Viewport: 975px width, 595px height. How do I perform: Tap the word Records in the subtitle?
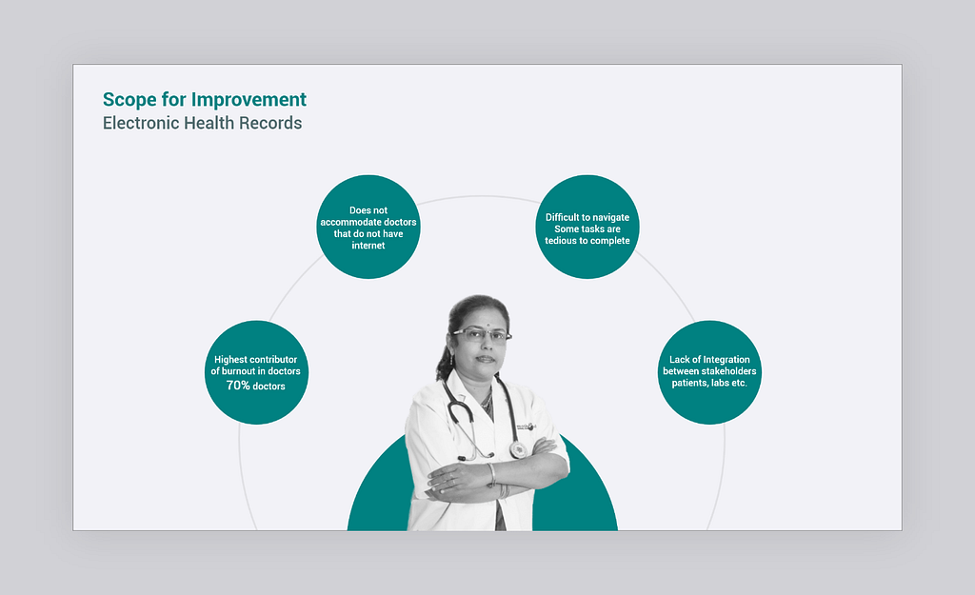270,123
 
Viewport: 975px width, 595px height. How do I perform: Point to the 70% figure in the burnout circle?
237,386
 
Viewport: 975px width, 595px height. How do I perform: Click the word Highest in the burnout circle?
230,359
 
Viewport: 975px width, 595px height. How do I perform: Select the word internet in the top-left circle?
368,246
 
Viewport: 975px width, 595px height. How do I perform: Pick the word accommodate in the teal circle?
350,222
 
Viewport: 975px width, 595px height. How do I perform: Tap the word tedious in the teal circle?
561,241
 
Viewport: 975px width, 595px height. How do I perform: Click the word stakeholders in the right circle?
726,371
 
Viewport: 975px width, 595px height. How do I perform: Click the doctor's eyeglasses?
482,336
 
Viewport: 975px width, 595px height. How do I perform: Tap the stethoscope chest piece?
518,449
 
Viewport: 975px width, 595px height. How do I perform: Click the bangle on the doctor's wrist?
492,475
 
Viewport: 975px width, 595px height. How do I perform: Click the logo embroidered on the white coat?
526,426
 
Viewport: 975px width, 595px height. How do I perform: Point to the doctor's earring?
451,360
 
